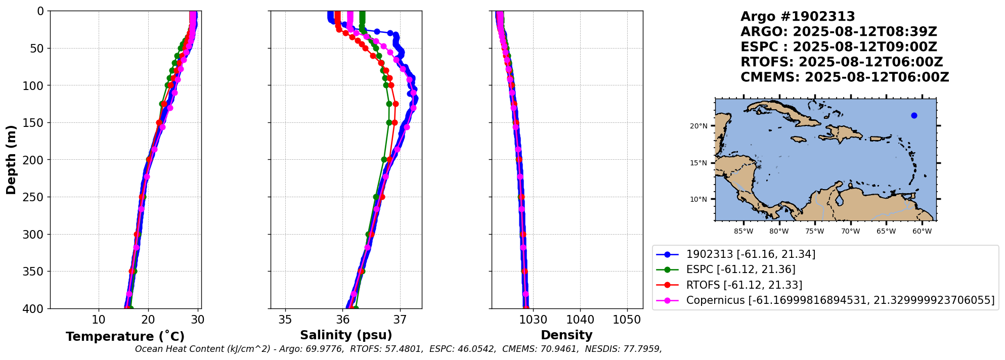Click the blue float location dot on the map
tap(914, 116)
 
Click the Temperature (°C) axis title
tap(125, 337)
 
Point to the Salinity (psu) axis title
tap(346, 335)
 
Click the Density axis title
tap(566, 335)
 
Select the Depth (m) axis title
tap(11, 160)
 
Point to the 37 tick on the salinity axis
tap(400, 320)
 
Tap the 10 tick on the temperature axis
tap(99, 320)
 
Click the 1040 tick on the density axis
tap(580, 320)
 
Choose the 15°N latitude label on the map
tap(698, 163)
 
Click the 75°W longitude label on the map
tap(815, 232)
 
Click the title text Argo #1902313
tap(798, 17)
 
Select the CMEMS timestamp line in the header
tap(845, 77)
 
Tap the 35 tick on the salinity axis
tap(285, 320)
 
